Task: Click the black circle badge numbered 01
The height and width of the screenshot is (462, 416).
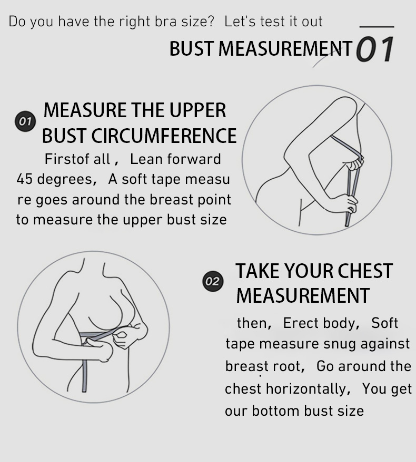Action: (25, 121)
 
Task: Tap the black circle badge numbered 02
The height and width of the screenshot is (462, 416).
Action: (213, 281)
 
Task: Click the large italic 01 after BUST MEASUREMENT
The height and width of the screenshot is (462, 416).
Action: (375, 49)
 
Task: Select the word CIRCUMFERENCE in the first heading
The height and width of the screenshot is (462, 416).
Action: (164, 136)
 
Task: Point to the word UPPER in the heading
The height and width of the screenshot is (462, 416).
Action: (197, 110)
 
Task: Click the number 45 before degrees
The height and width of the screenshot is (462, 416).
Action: (24, 179)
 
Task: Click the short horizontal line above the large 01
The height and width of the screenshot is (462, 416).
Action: (377, 27)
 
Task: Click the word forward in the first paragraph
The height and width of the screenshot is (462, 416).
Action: (194, 159)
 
